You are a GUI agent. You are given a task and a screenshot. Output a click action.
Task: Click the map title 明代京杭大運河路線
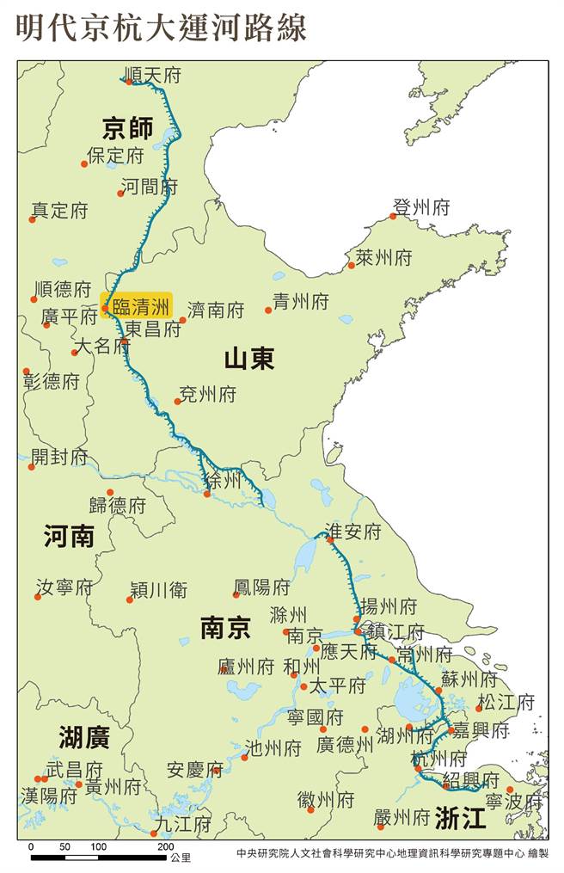point(161,26)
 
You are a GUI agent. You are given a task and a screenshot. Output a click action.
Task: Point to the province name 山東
point(249,359)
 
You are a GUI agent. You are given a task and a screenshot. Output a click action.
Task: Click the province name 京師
point(127,129)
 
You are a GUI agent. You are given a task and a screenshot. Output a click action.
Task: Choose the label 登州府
point(421,207)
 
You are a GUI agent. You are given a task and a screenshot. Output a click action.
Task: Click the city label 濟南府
point(216,310)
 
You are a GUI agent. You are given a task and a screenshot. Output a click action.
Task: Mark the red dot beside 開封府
point(32,466)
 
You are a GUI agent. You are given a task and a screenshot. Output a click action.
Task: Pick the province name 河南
point(69,538)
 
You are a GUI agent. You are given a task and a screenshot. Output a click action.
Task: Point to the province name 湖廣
point(84,736)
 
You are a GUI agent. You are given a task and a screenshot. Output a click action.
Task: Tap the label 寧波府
point(514,802)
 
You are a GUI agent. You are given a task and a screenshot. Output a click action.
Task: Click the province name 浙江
point(460,817)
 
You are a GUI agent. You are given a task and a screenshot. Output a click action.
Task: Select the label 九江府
point(182,824)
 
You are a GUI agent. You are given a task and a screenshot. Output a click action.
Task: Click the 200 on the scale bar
point(165,847)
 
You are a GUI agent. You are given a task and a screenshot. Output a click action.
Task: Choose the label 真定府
point(60,210)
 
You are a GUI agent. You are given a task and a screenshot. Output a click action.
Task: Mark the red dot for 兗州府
point(178,402)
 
